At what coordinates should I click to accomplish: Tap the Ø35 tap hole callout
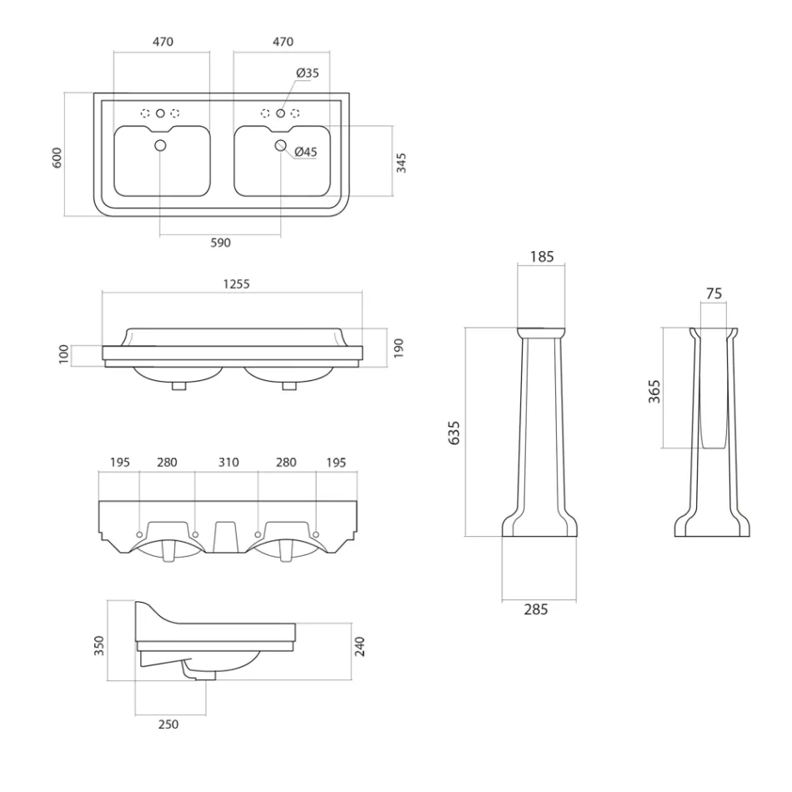(x=308, y=73)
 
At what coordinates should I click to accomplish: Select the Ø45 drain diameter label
(x=306, y=152)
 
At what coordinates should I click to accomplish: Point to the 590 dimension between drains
(x=219, y=243)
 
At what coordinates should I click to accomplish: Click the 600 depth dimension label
(x=58, y=158)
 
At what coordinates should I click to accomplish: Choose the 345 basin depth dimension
(x=401, y=162)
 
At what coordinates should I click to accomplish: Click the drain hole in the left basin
(x=161, y=147)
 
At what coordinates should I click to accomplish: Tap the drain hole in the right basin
(x=281, y=147)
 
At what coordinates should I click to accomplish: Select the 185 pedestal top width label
(x=541, y=258)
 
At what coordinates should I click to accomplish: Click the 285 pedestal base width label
(x=537, y=609)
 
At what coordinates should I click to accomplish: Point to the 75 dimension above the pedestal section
(x=714, y=293)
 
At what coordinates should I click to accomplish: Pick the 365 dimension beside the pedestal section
(x=654, y=391)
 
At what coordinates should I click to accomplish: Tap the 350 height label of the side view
(x=99, y=645)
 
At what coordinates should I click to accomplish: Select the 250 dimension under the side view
(x=168, y=724)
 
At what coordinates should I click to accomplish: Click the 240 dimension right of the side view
(x=359, y=645)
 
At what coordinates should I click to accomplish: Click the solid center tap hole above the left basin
(x=161, y=113)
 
